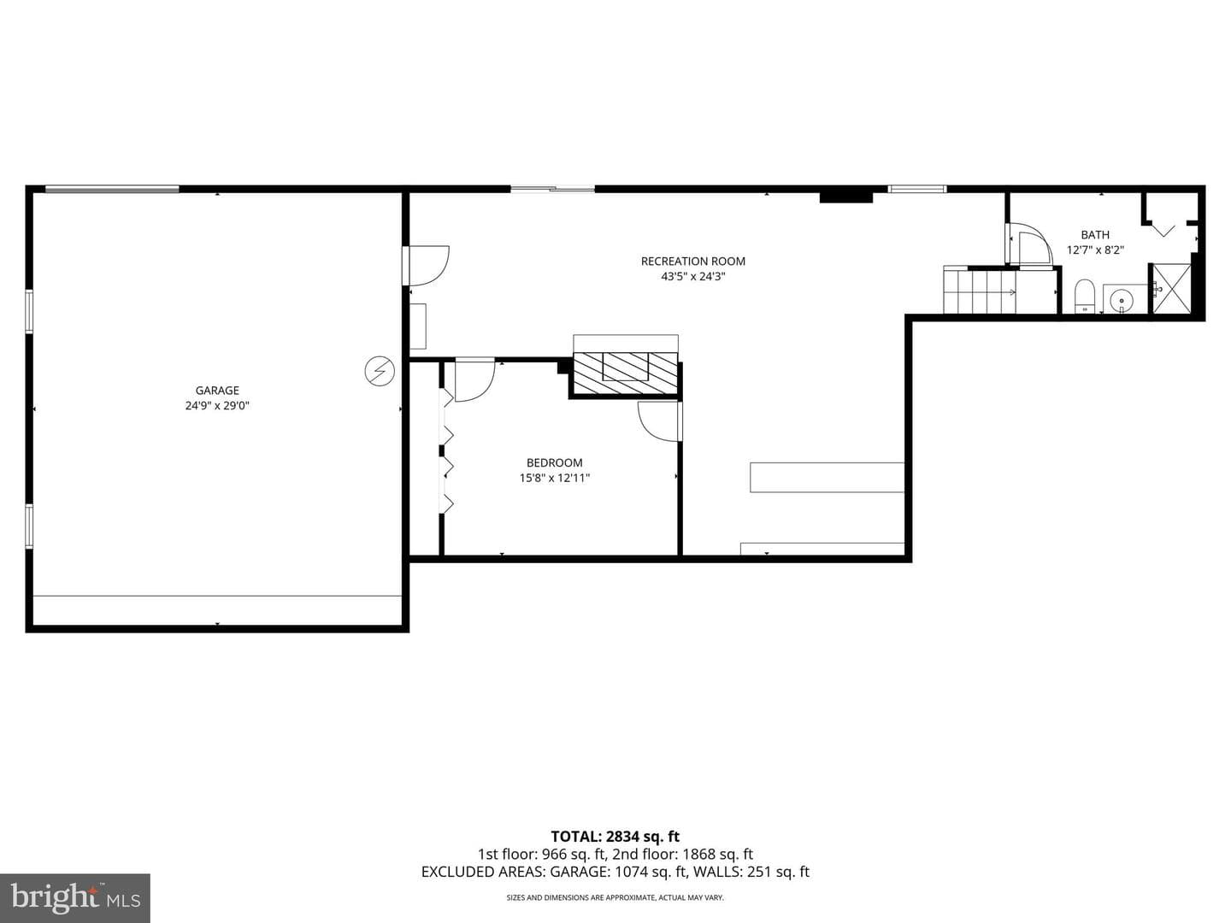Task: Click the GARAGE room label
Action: [x=217, y=390]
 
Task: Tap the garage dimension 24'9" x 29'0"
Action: [x=217, y=405]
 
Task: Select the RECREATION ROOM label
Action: [x=693, y=262]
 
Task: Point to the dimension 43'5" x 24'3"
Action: [x=693, y=276]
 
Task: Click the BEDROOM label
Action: [x=554, y=462]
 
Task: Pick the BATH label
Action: [x=1095, y=235]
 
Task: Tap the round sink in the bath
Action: [x=1122, y=299]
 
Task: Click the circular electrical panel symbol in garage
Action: [x=380, y=371]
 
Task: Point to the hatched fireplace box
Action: [x=625, y=373]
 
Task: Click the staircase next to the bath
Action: [x=979, y=290]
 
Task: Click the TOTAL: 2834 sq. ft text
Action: [x=615, y=837]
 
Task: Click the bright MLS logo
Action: [x=75, y=898]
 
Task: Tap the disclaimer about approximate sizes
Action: [x=615, y=897]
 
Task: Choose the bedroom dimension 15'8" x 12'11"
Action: [x=555, y=478]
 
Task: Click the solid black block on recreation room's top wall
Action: [x=846, y=197]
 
